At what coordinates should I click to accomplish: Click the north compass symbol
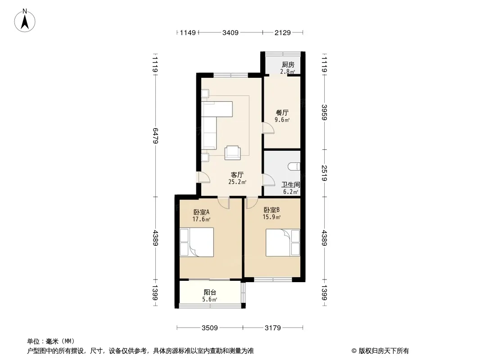point(25,21)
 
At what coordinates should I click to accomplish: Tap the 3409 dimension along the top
point(230,32)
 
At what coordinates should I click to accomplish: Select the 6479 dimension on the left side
point(155,135)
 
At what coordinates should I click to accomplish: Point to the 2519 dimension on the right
point(325,173)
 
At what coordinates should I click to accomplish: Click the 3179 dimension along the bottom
point(273,328)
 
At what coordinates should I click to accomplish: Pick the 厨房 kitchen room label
point(288,64)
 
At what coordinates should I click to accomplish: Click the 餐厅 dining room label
point(282,112)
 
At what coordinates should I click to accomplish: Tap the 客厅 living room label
point(237,175)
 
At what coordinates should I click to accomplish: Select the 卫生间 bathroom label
point(291,185)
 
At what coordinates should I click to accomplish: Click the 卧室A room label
point(201,212)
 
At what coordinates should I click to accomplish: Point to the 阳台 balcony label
point(210,292)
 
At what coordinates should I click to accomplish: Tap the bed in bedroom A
point(196,242)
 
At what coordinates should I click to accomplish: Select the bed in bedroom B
point(283,243)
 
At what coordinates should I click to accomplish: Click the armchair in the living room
point(233,152)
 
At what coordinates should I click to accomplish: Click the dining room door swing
point(268,128)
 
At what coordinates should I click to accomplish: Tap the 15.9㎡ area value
point(272,217)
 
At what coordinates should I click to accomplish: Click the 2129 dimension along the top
point(282,32)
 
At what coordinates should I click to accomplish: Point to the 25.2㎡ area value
point(237,182)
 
